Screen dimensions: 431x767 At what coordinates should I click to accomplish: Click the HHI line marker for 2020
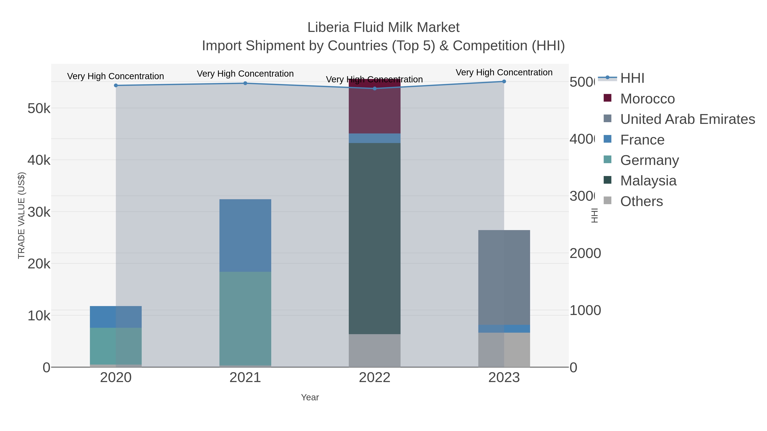click(x=116, y=85)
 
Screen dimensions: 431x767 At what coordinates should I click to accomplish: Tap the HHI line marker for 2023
click(x=504, y=82)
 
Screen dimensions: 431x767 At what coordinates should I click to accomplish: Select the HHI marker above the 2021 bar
click(x=245, y=83)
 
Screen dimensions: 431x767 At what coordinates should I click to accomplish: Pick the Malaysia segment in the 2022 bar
click(x=374, y=238)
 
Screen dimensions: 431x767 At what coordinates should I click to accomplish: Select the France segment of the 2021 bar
click(x=245, y=235)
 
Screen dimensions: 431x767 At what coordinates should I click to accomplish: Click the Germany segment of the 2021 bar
click(x=245, y=318)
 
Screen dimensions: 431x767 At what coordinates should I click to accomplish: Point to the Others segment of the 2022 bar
click(x=374, y=350)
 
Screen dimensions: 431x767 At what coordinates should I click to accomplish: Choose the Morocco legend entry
click(x=647, y=99)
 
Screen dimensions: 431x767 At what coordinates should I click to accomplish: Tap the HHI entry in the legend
click(x=632, y=78)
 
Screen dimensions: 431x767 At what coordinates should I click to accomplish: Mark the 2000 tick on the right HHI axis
click(x=585, y=253)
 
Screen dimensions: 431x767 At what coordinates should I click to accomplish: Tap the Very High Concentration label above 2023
click(x=504, y=72)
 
